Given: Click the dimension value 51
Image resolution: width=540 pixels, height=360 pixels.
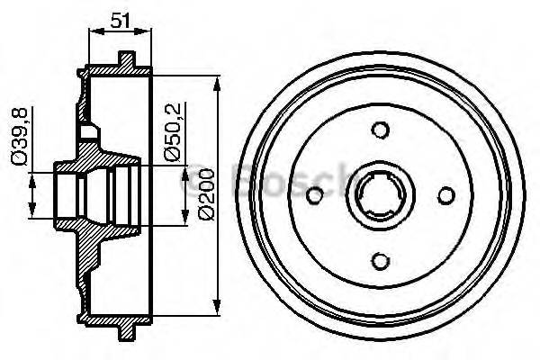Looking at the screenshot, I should tap(120, 19).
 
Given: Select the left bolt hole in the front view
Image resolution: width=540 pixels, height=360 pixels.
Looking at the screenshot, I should tap(314, 195).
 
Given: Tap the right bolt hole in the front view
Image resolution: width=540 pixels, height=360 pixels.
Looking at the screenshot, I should tap(445, 195).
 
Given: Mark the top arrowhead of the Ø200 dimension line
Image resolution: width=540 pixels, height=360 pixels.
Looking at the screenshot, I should tap(217, 84).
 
